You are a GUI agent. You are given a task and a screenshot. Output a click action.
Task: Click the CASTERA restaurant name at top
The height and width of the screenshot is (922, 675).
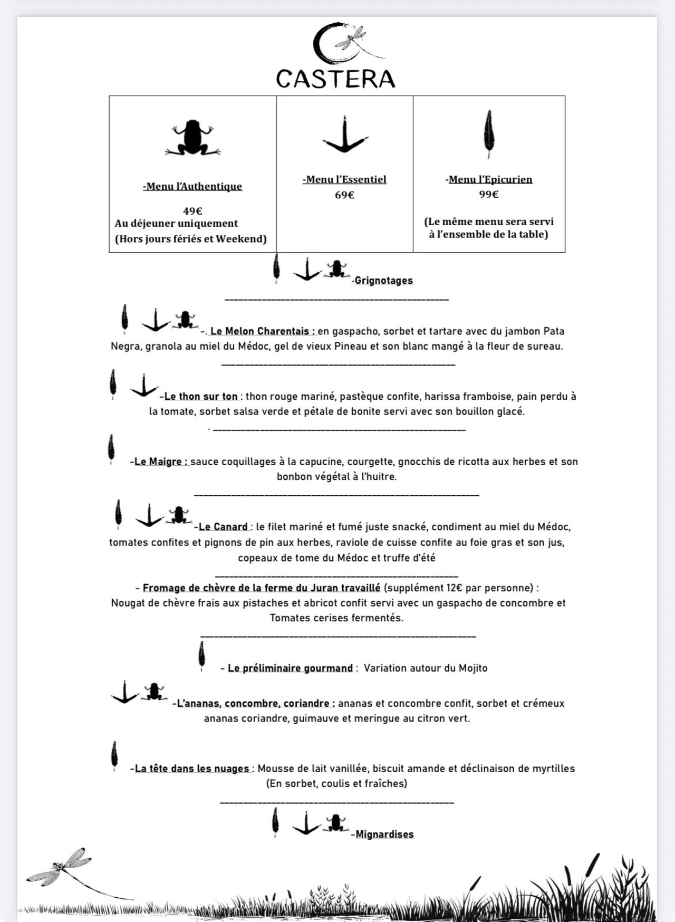pos(335,79)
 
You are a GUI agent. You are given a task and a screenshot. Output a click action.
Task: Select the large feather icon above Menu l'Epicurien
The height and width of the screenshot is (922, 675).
pos(489,134)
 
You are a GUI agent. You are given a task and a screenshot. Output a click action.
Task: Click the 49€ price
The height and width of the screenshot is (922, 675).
pos(192,211)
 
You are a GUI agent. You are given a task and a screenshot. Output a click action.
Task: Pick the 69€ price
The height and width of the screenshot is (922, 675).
pos(344,195)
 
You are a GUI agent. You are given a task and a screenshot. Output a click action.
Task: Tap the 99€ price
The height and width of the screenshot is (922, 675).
pos(489,194)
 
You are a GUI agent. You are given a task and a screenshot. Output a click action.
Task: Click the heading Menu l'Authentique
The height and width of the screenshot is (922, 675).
pos(192,186)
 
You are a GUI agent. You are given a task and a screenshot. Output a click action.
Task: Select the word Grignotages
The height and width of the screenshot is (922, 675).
pos(383,281)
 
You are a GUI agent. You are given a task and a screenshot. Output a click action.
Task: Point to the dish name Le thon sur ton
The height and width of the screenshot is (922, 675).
pos(201,397)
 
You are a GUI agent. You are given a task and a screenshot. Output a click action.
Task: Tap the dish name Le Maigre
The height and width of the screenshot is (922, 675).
pos(161,462)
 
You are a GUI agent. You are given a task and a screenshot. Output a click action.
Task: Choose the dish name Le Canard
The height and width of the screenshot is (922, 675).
pos(223,527)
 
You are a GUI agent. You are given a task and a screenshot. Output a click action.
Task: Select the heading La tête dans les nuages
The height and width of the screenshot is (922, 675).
pos(192,769)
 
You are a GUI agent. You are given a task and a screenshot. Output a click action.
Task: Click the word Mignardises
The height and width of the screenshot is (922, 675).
pos(384,834)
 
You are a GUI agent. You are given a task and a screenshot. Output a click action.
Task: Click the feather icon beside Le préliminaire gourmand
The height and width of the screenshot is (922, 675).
pos(201,656)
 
